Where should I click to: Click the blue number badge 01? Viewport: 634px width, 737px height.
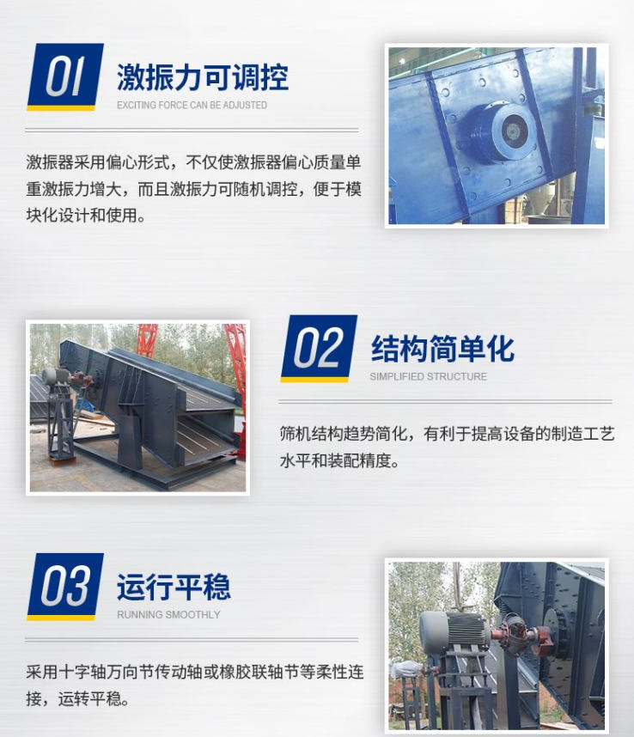[x=65, y=77]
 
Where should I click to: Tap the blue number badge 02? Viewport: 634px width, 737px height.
[x=319, y=348]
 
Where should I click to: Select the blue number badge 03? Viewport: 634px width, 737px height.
[x=65, y=587]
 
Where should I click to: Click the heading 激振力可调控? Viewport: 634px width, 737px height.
[x=203, y=77]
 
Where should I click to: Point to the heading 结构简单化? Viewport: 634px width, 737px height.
[x=442, y=349]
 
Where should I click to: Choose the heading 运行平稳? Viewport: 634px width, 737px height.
[x=174, y=587]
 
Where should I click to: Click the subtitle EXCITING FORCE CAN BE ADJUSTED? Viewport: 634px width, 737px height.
[x=192, y=105]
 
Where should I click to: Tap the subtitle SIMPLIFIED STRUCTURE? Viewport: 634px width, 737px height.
[x=428, y=376]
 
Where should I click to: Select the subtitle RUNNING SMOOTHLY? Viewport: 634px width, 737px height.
[x=168, y=614]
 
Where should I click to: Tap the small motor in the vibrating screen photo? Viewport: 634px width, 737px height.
[x=56, y=376]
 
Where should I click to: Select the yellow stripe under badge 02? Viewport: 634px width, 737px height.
[x=314, y=380]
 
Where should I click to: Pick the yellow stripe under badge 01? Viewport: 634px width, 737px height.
[x=61, y=108]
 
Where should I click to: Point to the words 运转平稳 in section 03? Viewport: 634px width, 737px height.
[x=89, y=699]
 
